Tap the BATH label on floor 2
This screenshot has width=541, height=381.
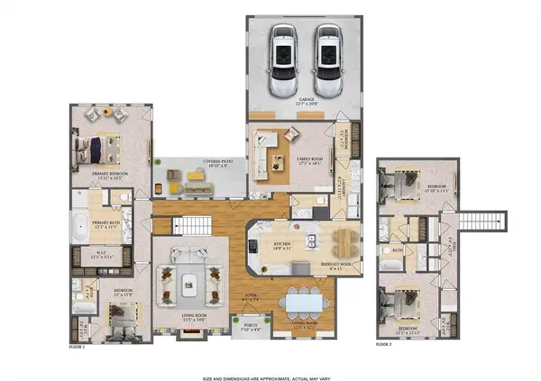[398, 251]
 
